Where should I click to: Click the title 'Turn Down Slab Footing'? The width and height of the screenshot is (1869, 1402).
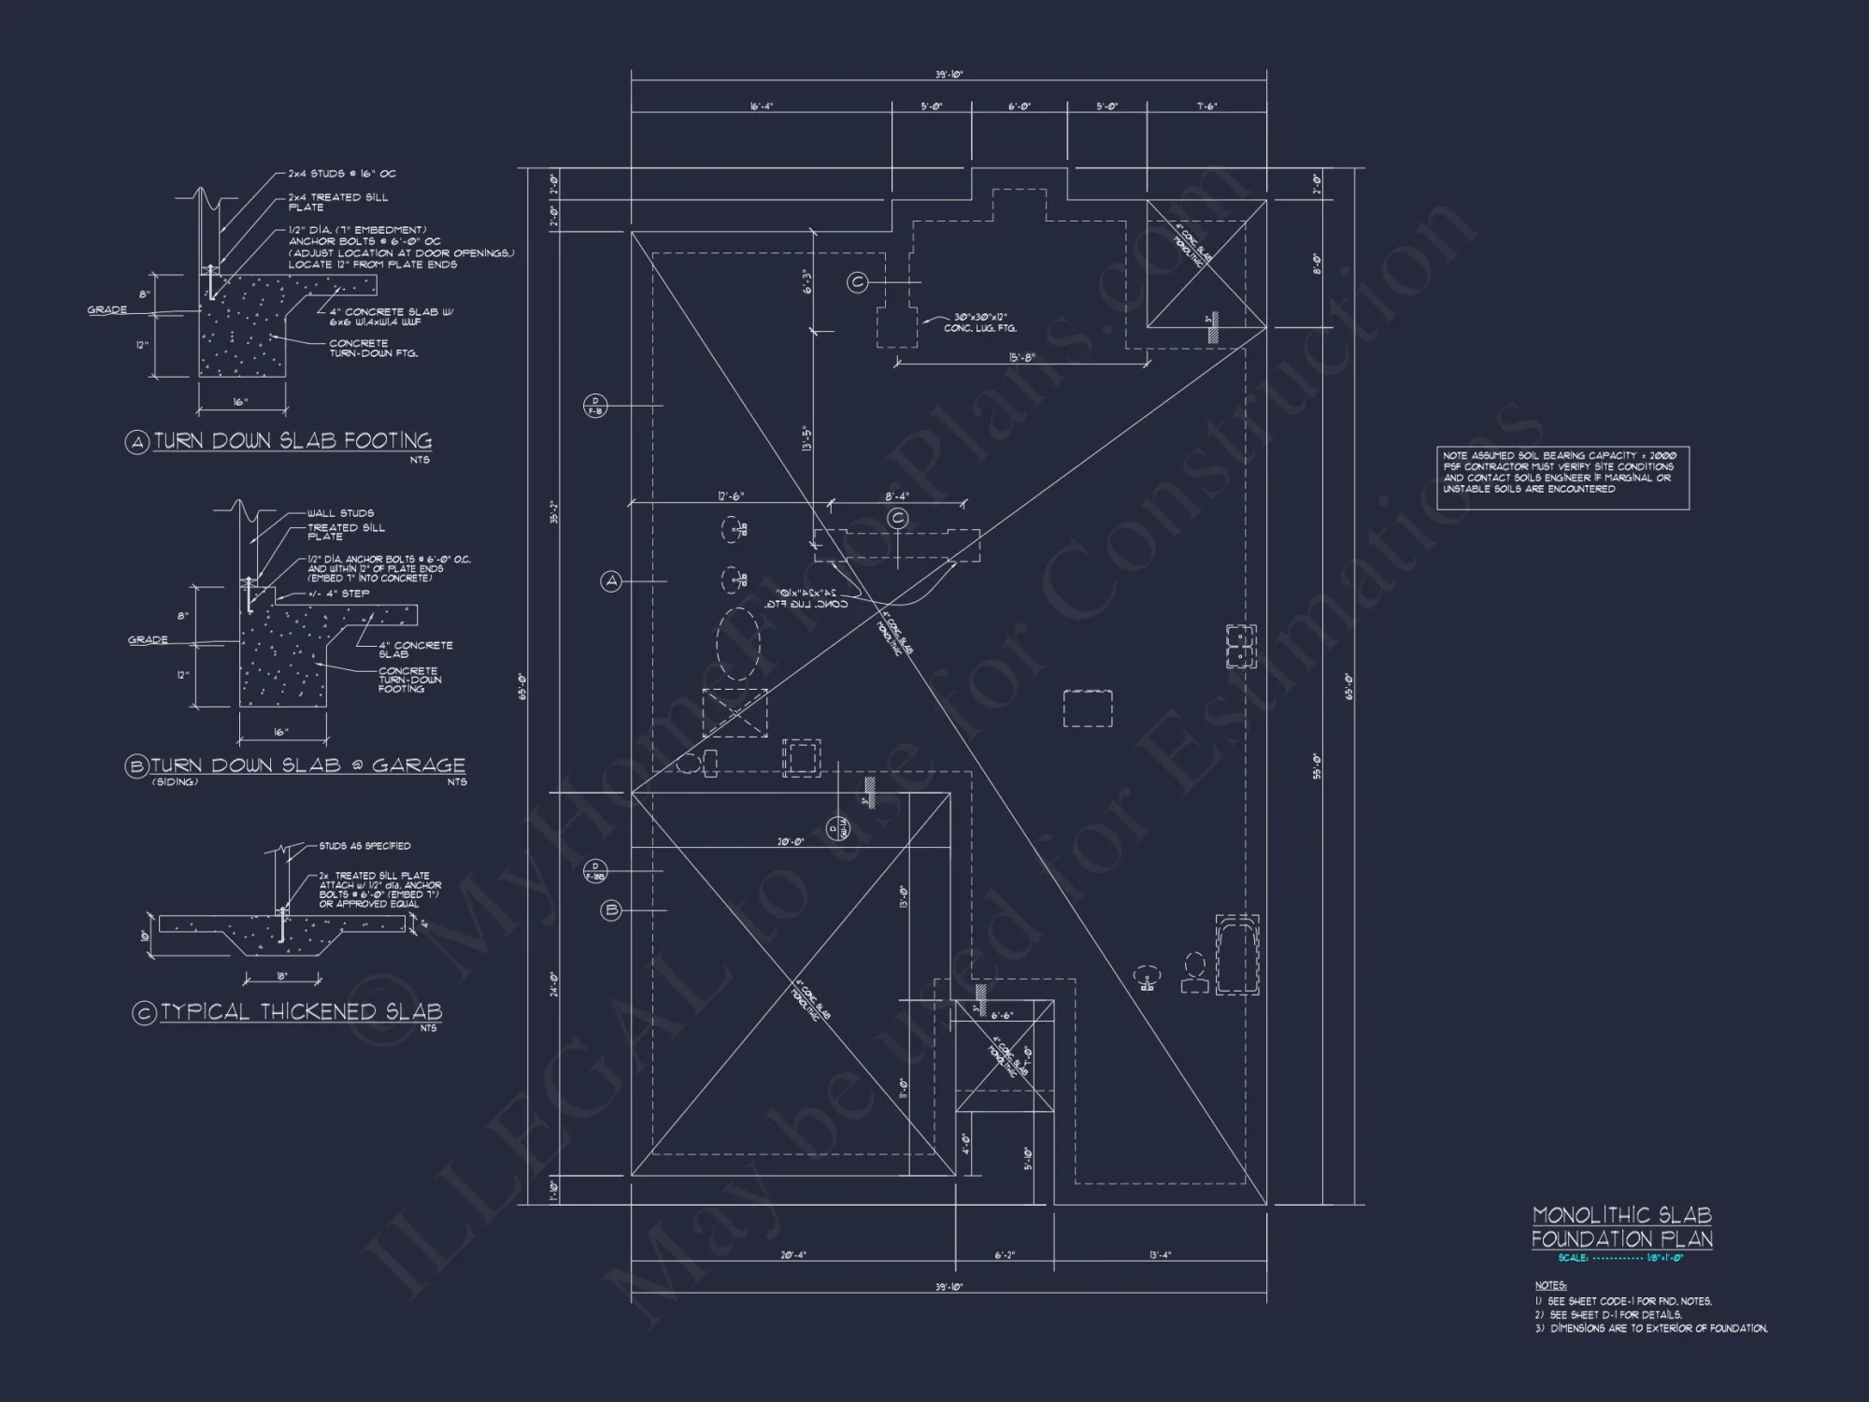pyautogui.click(x=292, y=441)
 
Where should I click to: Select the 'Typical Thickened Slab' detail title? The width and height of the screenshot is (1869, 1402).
pyautogui.click(x=301, y=1012)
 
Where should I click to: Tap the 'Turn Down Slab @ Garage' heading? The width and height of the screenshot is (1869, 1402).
pyautogui.click(x=307, y=765)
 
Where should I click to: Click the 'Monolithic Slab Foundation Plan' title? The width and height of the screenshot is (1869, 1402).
pyautogui.click(x=1622, y=1227)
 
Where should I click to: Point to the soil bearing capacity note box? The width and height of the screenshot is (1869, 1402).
pyautogui.click(x=1562, y=478)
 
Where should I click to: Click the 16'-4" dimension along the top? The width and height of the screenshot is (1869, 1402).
pyautogui.click(x=762, y=107)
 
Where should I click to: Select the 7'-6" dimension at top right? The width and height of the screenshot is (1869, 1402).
pyautogui.click(x=1207, y=107)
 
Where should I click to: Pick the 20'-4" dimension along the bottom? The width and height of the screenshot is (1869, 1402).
pyautogui.click(x=792, y=1255)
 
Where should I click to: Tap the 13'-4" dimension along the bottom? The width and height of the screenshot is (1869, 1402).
pyautogui.click(x=1160, y=1255)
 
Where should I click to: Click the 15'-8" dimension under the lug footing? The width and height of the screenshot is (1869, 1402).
pyautogui.click(x=1021, y=358)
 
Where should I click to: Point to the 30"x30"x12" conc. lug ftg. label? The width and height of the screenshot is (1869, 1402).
pyautogui.click(x=980, y=322)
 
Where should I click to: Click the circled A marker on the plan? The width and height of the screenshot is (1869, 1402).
pyautogui.click(x=611, y=581)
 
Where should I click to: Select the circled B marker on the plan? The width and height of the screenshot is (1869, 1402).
pyautogui.click(x=611, y=909)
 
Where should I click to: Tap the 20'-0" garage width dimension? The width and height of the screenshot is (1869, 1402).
pyautogui.click(x=791, y=842)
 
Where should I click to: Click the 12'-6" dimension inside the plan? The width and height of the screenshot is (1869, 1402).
pyautogui.click(x=731, y=496)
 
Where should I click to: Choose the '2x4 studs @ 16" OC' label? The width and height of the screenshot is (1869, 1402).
pyautogui.click(x=342, y=174)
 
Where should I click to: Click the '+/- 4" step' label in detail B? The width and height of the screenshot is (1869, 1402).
pyautogui.click(x=338, y=594)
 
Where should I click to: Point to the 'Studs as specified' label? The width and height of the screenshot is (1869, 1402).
pyautogui.click(x=364, y=846)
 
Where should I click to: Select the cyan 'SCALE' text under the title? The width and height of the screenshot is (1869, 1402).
pyautogui.click(x=1573, y=1258)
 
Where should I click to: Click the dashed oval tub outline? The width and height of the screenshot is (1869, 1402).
pyautogui.click(x=738, y=644)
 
